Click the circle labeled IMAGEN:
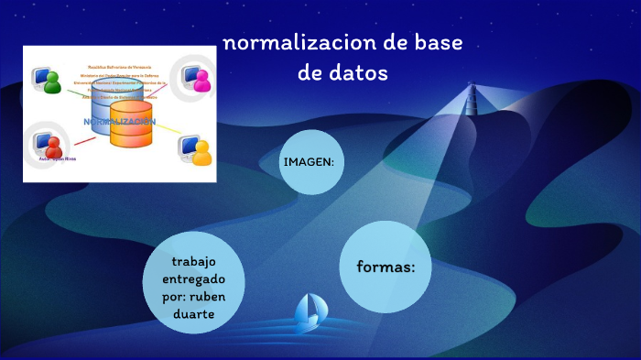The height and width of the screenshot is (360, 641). (x=310, y=162)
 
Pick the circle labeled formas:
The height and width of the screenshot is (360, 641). (x=386, y=267)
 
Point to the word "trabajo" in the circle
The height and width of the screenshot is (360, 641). (x=192, y=261)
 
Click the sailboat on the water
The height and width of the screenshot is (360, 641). (x=308, y=313)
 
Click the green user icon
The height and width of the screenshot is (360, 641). (x=51, y=80)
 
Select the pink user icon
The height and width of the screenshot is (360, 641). (x=201, y=81)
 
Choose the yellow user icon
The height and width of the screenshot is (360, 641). (x=201, y=150)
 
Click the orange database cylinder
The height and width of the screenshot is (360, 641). (x=131, y=126)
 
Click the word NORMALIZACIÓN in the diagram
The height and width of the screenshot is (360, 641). (x=119, y=121)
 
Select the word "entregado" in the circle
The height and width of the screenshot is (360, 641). (x=192, y=278)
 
